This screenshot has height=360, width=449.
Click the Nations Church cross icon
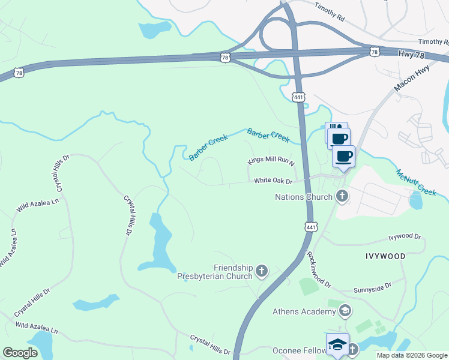click(x=342, y=196)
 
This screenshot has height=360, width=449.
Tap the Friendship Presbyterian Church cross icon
click(x=261, y=271)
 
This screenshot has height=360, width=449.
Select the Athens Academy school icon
click(x=345, y=311)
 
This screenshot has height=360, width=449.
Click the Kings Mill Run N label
click(x=272, y=162)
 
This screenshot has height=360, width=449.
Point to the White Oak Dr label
click(x=273, y=181)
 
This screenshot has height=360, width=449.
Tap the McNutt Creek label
click(x=415, y=182)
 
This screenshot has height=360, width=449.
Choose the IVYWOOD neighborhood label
click(x=384, y=256)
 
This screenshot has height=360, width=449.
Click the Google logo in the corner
click(x=20, y=352)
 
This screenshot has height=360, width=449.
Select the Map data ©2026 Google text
click(x=412, y=355)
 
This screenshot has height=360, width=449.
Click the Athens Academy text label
click(x=304, y=311)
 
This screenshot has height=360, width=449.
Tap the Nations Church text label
click(x=303, y=197)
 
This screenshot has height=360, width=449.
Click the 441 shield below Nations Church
click(x=310, y=227)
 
